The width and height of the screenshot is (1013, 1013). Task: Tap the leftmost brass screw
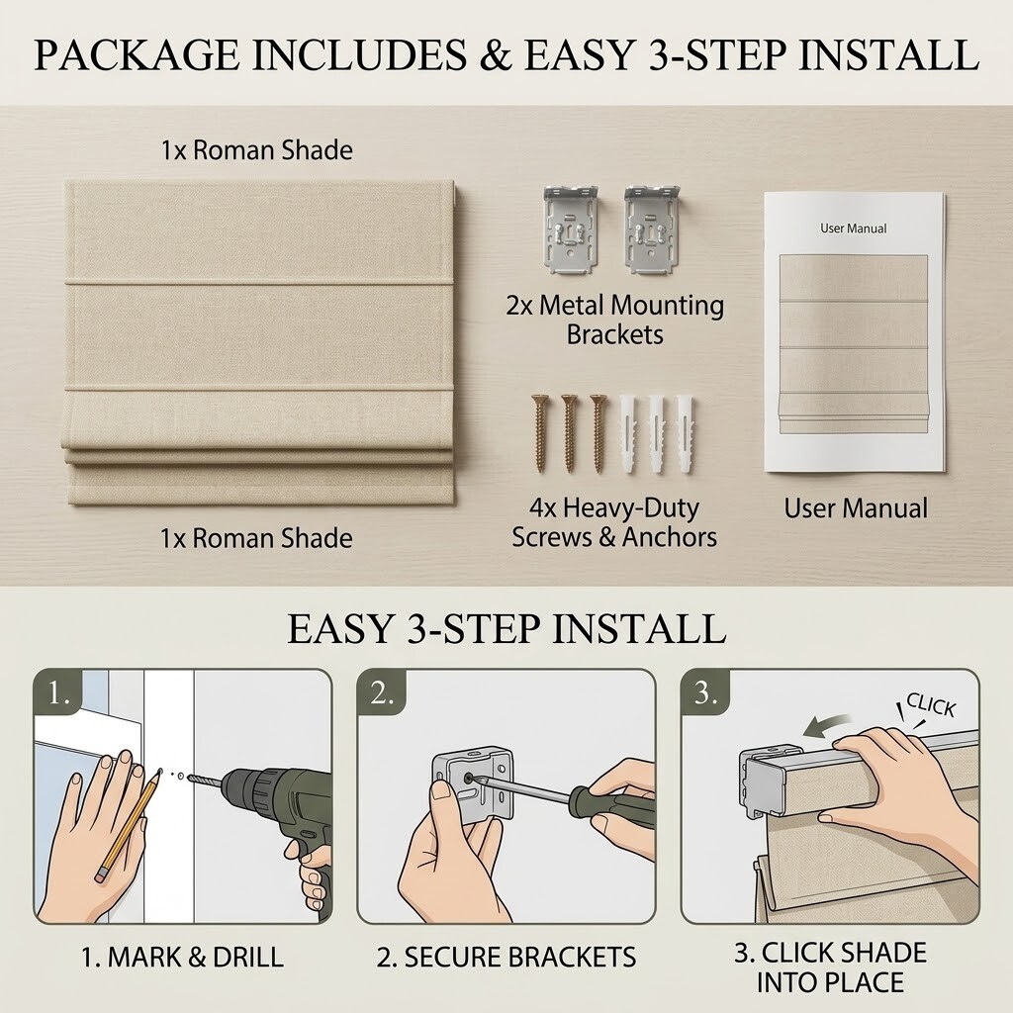(540, 433)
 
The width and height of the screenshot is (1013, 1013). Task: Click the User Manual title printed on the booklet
(853, 229)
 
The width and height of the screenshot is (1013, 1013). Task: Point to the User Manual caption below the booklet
(856, 507)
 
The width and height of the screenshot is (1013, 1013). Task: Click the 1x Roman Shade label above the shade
(256, 150)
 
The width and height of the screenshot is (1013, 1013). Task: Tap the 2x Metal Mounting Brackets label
(614, 320)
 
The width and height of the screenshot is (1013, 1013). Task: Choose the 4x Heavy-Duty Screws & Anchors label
(613, 522)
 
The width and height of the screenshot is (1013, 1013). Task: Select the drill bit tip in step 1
(191, 780)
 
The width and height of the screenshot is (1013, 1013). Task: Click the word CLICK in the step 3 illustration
(930, 704)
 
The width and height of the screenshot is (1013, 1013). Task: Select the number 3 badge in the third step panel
(705, 693)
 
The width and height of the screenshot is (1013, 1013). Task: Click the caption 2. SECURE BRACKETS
(506, 958)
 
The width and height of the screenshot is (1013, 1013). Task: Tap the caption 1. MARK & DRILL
(182, 958)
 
